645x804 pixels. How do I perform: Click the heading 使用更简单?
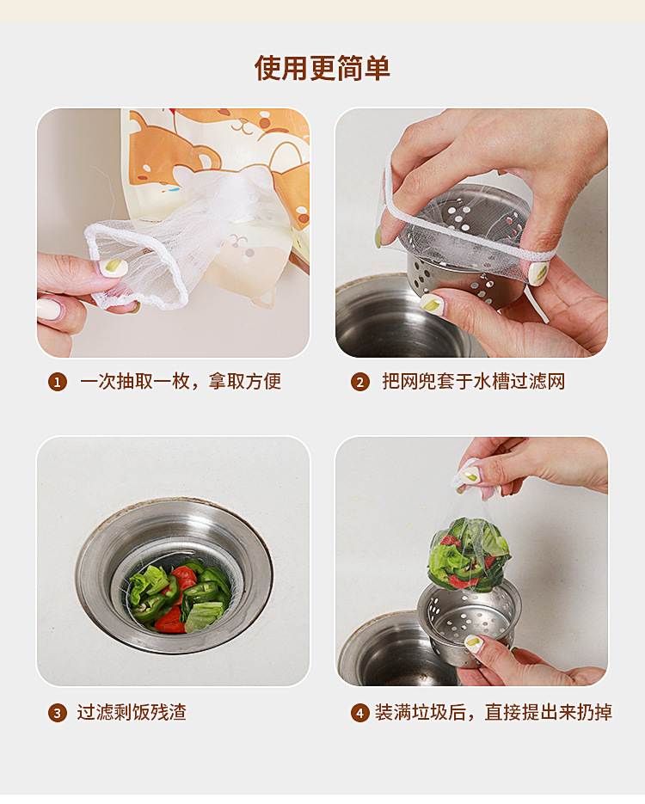pyautogui.click(x=322, y=68)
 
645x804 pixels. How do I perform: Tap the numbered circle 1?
pyautogui.click(x=58, y=382)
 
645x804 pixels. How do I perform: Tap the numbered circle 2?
pyautogui.click(x=360, y=382)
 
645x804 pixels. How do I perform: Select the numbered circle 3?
pyautogui.click(x=58, y=713)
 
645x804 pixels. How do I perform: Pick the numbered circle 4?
pyautogui.click(x=360, y=713)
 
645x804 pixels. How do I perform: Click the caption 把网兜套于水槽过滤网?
pyautogui.click(x=473, y=382)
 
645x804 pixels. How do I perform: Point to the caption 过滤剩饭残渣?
pyautogui.click(x=132, y=712)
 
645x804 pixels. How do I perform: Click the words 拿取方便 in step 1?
pyautogui.click(x=244, y=382)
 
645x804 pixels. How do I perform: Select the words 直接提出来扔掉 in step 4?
pyautogui.click(x=548, y=712)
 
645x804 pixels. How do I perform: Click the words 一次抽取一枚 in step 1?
pyautogui.click(x=134, y=382)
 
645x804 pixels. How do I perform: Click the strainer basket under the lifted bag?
pyautogui.click(x=470, y=623)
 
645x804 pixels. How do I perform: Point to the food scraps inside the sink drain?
pyautogui.click(x=179, y=598)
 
